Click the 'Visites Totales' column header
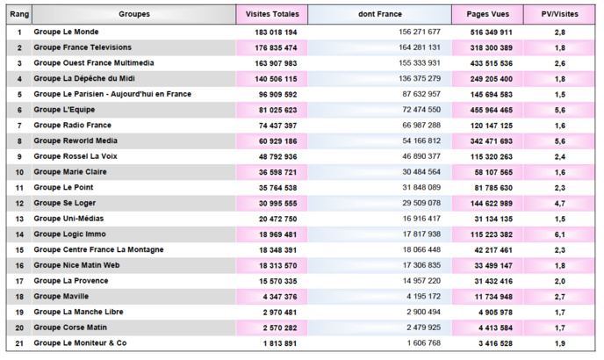coord(271,14)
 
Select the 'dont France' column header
coord(379,14)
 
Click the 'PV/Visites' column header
coord(559,14)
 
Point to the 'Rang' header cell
coord(18,14)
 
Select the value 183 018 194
coord(271,32)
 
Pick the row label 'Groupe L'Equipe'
coord(64,110)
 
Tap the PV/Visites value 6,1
coord(559,234)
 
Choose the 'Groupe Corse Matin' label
coord(70,328)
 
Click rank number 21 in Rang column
coord(18,343)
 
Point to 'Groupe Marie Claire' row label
coord(70,172)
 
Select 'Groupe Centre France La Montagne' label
coord(97,250)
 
